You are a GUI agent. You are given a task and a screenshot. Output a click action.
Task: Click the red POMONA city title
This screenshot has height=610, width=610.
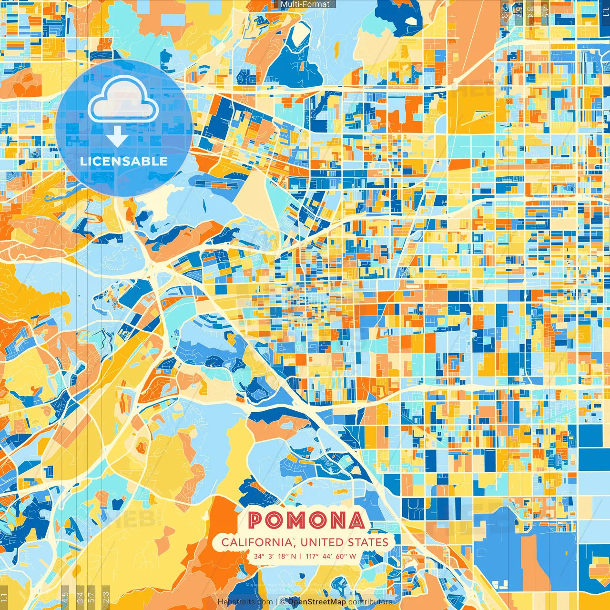point(306,520)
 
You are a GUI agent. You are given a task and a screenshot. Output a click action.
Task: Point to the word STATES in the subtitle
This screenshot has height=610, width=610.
point(368,542)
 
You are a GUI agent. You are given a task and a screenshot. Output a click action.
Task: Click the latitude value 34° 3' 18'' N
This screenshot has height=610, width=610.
point(274,556)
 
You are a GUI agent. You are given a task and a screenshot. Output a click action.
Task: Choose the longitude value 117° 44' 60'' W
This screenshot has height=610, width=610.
point(331,556)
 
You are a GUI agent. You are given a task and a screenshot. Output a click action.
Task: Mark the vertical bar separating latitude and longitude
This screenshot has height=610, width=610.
point(301,556)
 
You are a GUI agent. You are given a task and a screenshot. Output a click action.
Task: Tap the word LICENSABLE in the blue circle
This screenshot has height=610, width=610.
point(124,161)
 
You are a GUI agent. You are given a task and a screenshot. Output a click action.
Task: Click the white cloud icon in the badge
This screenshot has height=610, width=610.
point(123,99)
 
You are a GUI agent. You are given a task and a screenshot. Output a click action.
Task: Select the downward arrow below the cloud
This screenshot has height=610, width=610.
point(117,136)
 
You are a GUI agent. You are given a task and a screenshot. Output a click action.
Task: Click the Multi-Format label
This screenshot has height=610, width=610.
point(305,4)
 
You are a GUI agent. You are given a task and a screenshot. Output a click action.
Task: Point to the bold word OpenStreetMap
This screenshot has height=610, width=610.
point(317,602)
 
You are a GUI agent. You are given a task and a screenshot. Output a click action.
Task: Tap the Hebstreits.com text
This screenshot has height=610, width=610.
point(245,602)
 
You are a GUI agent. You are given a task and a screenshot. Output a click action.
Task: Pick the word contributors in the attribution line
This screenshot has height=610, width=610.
point(370,602)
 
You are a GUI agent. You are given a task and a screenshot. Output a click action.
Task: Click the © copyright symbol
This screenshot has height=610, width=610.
point(283,602)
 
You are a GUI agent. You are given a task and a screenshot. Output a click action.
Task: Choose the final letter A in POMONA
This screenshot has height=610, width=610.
point(356,520)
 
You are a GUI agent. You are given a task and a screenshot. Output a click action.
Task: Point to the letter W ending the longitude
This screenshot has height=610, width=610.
point(352,556)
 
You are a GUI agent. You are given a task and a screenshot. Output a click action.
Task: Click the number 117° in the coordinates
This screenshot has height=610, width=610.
point(312,556)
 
